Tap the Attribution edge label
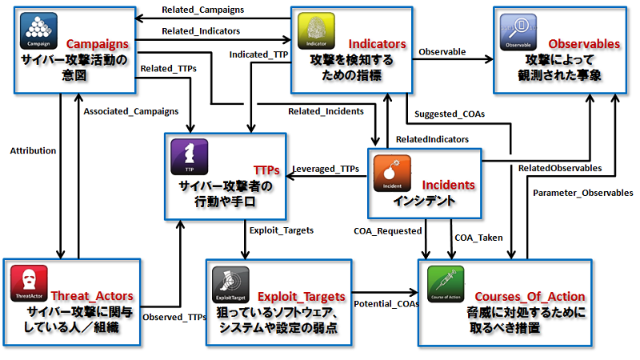[33, 150]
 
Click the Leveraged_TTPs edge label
[325, 169]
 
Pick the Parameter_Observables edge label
[582, 193]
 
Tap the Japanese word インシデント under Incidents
[424, 201]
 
